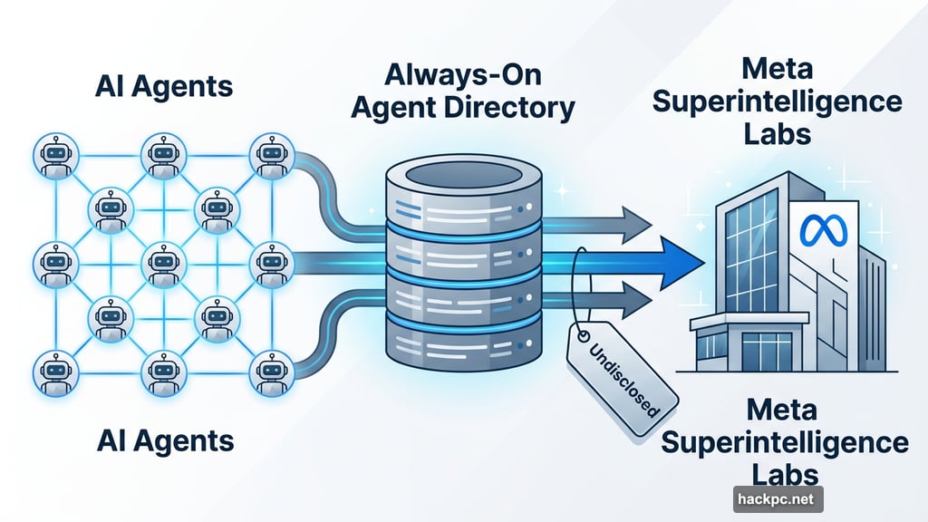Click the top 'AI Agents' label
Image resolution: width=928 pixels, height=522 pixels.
pos(164,86)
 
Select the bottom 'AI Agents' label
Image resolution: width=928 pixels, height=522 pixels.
pos(164,441)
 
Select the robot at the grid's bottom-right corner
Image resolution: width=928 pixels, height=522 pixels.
pos(269,369)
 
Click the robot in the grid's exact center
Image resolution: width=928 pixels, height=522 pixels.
pos(159,263)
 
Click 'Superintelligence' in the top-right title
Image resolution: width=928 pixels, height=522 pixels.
pos(777,101)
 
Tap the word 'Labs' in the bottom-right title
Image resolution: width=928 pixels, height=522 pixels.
pos(784,474)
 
